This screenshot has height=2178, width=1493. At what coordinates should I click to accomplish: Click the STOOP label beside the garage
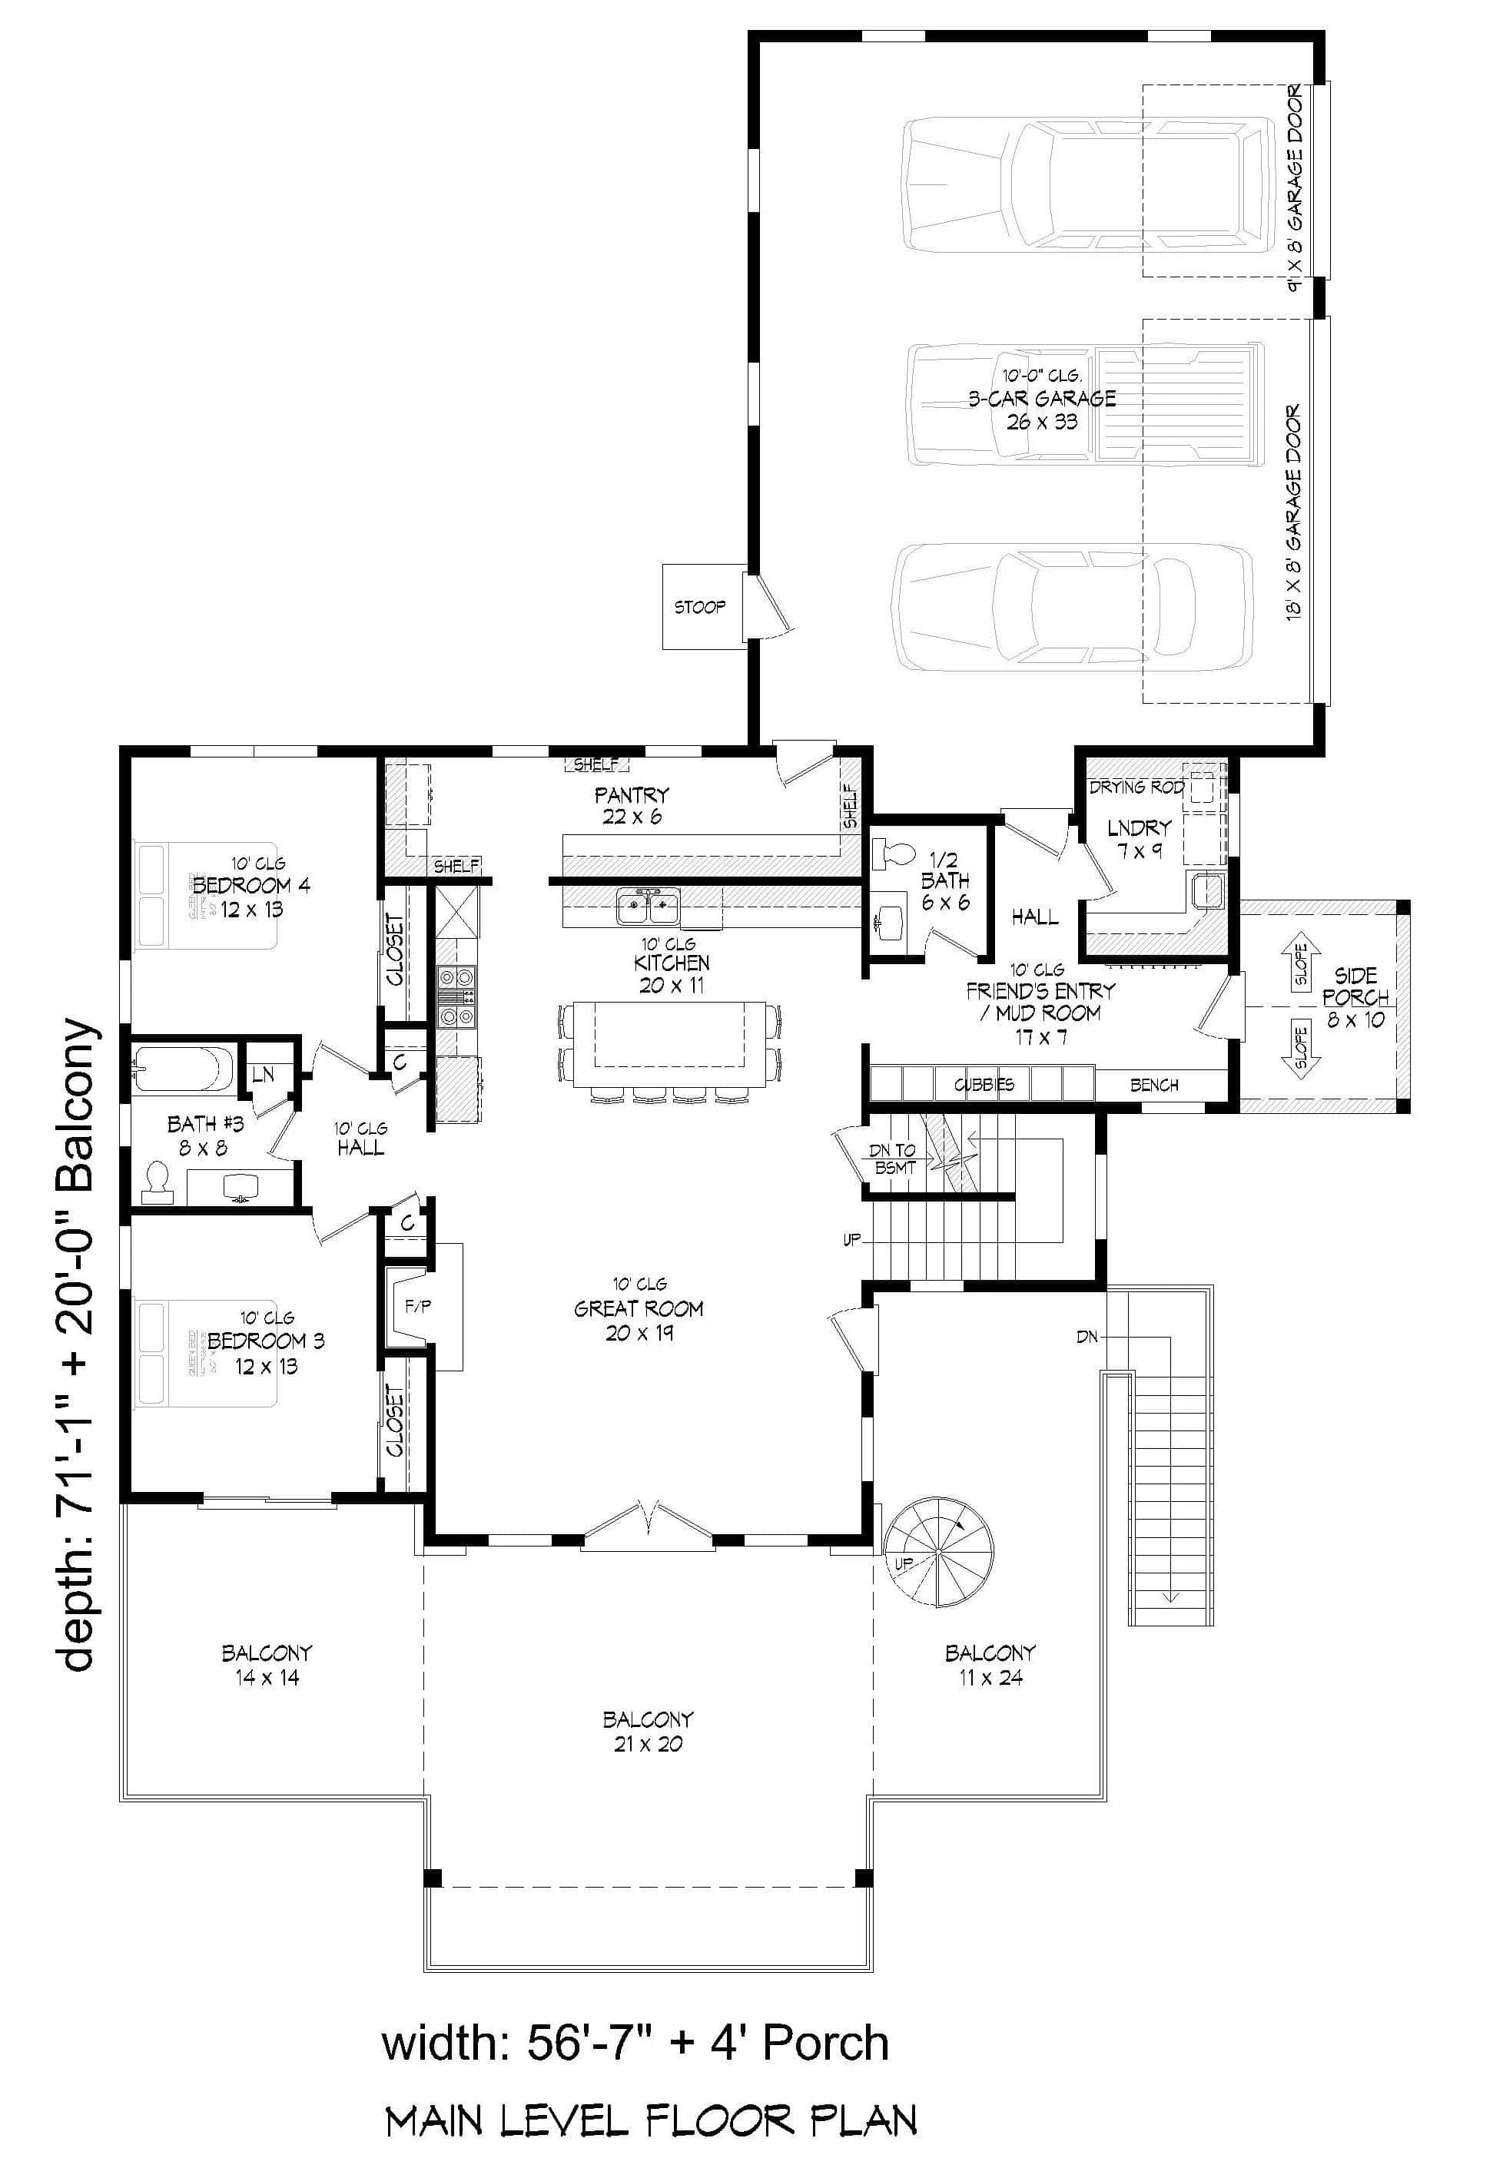[x=699, y=607]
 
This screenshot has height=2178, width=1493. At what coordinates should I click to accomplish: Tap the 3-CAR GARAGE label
[x=1042, y=398]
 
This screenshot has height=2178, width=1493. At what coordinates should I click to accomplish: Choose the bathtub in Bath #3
[x=183, y=1069]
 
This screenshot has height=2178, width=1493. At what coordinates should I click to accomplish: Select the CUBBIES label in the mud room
[x=983, y=1084]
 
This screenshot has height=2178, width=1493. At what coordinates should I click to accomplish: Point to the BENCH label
[x=1153, y=1084]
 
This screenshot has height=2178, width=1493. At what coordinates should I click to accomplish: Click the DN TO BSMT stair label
[x=893, y=1159]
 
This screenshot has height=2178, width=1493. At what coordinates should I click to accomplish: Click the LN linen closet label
[x=263, y=1074]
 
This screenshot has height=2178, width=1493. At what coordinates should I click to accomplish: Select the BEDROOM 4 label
[x=251, y=886]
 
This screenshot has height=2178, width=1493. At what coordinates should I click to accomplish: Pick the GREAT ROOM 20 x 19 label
[x=639, y=1309]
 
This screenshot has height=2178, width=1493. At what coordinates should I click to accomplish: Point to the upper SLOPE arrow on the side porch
[x=1300, y=960]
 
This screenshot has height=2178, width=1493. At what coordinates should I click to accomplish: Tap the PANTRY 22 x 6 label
[x=632, y=805]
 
